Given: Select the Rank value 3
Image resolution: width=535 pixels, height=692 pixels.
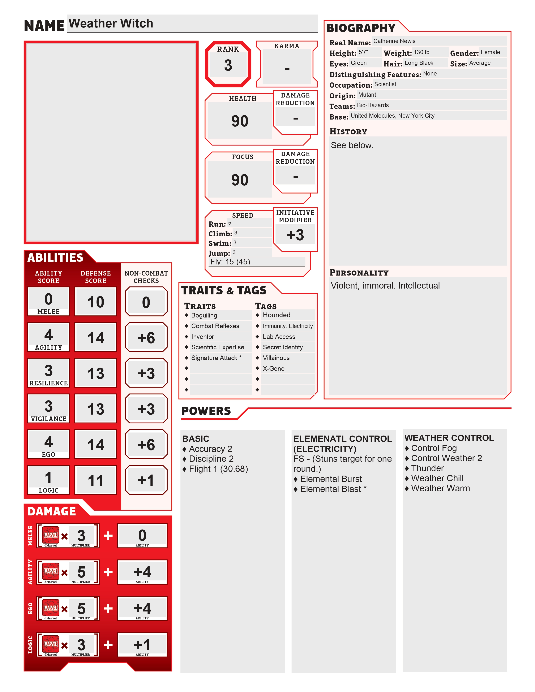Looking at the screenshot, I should pos(228,65).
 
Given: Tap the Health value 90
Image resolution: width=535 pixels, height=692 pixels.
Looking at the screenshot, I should pos(240,121).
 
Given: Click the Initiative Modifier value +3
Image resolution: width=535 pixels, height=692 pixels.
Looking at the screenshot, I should pos(295,235).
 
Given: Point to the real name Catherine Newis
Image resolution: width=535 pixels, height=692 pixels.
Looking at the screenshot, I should pos(394,41).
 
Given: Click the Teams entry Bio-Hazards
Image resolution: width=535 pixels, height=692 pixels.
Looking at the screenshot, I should pos(373,105).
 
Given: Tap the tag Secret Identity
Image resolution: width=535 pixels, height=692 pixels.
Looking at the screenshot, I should pos(283,347).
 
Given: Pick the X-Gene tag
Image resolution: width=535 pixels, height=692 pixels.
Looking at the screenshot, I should pos(274,368).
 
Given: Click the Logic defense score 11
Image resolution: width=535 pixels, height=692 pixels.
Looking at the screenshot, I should pos(96,480).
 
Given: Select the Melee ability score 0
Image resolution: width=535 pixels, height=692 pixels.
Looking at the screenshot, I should pos(48,299).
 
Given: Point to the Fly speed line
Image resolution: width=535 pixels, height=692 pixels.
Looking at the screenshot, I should pos(230,262).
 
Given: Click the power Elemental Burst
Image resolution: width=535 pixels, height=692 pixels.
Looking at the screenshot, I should pos(331,479).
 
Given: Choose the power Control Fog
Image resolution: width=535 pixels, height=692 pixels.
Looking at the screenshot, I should pos(434,448).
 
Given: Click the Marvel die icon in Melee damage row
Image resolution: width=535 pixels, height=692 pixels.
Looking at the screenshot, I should pos(51,535).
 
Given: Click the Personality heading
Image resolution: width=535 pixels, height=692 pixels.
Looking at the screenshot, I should pos(359,272).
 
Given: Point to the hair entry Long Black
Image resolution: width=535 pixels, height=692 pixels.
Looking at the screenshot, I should pos(419,63).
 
